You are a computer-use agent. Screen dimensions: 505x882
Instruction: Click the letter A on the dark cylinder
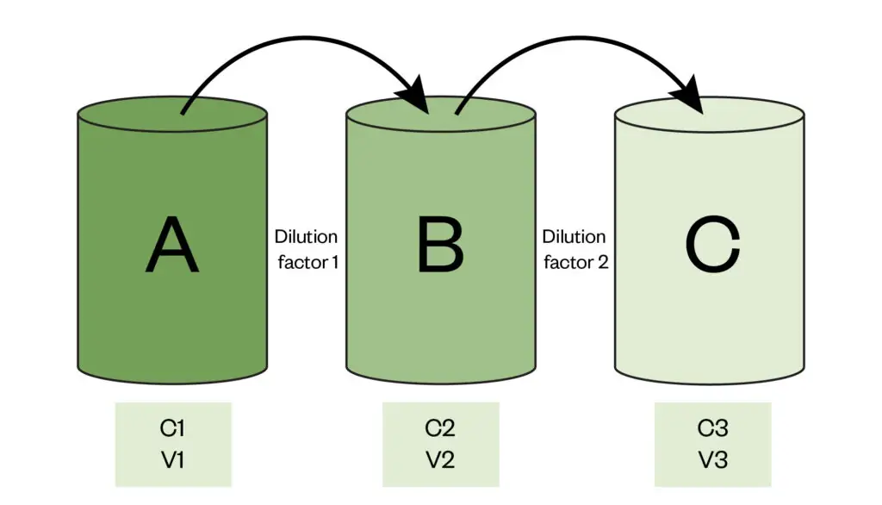172,246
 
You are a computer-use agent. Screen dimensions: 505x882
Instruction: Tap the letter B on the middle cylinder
440,246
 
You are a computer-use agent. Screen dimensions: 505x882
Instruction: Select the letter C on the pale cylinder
711,246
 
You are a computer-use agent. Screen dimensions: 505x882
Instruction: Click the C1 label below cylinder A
172,428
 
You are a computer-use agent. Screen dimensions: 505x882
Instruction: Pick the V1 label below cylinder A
172,460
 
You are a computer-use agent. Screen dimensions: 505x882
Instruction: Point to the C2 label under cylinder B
440,428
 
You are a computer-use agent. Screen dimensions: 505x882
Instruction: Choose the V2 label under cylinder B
440,460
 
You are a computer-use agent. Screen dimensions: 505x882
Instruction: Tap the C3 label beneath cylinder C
711,428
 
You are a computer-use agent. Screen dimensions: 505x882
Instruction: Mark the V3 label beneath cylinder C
711,460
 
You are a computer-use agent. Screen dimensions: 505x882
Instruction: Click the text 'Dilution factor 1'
307,248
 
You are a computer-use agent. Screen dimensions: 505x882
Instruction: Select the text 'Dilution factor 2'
575,248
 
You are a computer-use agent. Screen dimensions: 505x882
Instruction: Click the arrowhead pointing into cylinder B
419,96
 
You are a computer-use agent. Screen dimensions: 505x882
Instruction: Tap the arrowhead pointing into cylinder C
693,96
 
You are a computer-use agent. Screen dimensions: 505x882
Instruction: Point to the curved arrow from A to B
293,39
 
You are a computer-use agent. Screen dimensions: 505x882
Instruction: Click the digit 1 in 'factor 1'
333,261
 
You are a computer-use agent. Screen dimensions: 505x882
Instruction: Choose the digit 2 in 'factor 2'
603,261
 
